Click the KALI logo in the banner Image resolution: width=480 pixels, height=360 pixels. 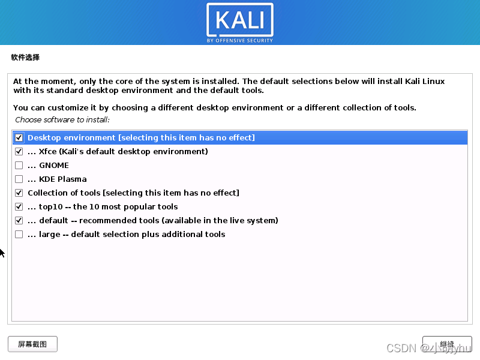click(239, 20)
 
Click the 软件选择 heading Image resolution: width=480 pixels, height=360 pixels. click(25, 58)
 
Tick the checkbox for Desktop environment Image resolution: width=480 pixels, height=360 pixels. click(19, 138)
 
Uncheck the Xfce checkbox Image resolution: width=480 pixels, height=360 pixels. click(19, 152)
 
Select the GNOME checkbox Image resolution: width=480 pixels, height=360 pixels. click(19, 166)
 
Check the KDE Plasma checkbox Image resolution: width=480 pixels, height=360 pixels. click(19, 179)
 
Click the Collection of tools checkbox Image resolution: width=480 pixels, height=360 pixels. click(19, 193)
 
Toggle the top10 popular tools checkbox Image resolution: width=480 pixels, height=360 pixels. click(19, 207)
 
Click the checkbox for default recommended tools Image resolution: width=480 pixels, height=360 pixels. click(19, 221)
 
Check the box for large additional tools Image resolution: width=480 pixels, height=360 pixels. click(19, 235)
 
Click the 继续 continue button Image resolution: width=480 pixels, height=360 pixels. click(447, 344)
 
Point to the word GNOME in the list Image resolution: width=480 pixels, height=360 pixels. click(54, 166)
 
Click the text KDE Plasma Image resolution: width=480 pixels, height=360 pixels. click(63, 179)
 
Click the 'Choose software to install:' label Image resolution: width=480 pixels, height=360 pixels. click(62, 120)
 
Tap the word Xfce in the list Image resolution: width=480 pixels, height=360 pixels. click(48, 152)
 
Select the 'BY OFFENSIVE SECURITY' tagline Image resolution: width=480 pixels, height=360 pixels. click(239, 41)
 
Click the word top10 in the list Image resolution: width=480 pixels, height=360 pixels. click(51, 207)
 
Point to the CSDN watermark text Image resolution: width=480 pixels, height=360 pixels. click(401, 349)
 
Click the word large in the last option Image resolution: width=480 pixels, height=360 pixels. click(50, 235)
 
